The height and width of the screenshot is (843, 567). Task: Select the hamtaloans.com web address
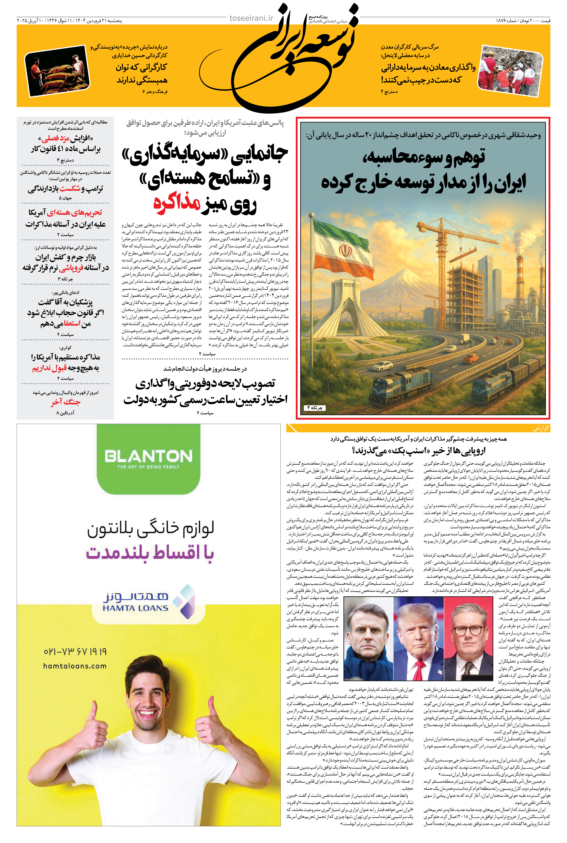click(x=75, y=666)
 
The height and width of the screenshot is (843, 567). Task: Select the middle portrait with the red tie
click(x=418, y=637)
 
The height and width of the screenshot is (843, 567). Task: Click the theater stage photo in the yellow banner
click(x=57, y=70)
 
